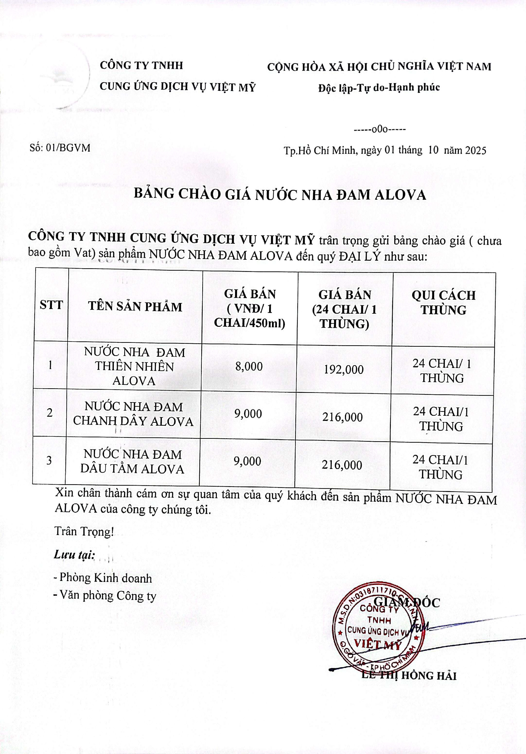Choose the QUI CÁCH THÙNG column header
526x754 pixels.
pyautogui.click(x=444, y=302)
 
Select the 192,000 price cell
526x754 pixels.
pyautogui.click(x=344, y=369)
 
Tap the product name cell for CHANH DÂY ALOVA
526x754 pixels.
pyautogui.click(x=133, y=414)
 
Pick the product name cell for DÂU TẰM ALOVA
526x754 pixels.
pyautogui.click(x=132, y=461)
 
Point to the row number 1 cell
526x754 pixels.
pyautogui.click(x=50, y=365)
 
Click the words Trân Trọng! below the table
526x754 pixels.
pyautogui.click(x=84, y=531)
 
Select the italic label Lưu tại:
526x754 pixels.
pyautogui.click(x=74, y=555)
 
